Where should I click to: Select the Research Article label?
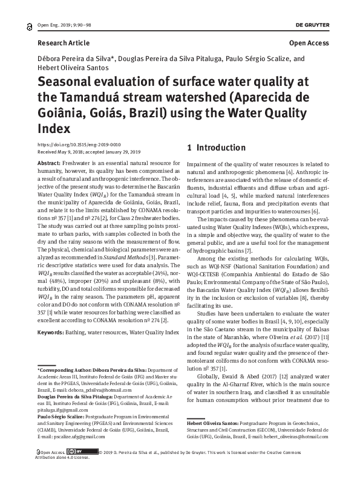tap(64, 43)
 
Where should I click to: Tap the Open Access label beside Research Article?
tap(309, 43)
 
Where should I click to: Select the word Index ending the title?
tap(54, 129)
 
